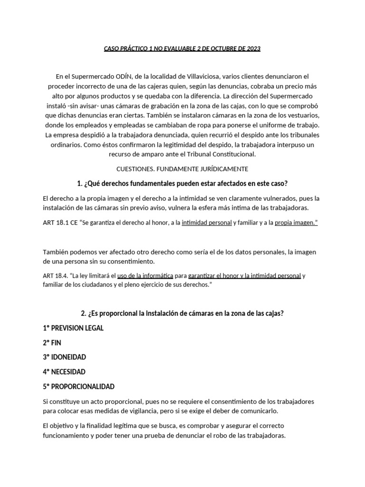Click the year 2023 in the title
(252, 49)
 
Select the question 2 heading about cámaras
(182, 313)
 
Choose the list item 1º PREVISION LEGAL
(73, 328)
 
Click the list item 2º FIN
(52, 342)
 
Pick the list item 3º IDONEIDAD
(65, 357)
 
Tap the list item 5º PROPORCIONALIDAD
(78, 386)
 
